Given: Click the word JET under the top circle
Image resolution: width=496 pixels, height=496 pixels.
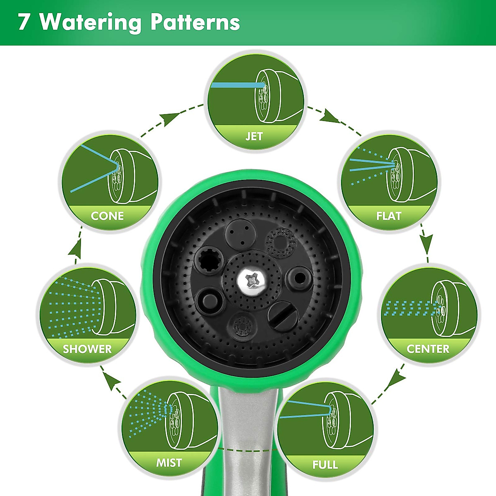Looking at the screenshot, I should [254, 136].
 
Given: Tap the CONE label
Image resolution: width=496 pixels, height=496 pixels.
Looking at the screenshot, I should [107, 216].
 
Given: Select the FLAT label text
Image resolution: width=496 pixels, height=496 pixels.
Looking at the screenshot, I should [389, 216].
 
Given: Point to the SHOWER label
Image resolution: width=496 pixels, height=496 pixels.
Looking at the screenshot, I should [87, 349].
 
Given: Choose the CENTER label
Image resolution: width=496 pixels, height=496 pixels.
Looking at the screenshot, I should [428, 349].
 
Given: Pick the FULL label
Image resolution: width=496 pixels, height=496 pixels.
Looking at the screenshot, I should [325, 464].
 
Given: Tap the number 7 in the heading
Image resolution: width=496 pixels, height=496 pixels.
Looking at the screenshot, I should [24, 23].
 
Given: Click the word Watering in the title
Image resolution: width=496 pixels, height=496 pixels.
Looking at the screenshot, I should [91, 23].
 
